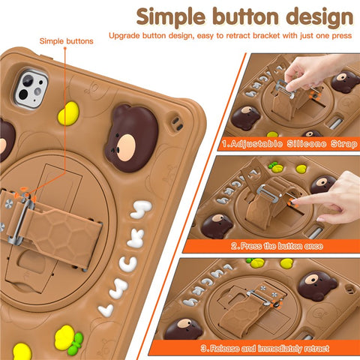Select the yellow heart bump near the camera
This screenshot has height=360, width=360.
pos(68,113)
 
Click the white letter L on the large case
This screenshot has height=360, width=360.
pos(107,309)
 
